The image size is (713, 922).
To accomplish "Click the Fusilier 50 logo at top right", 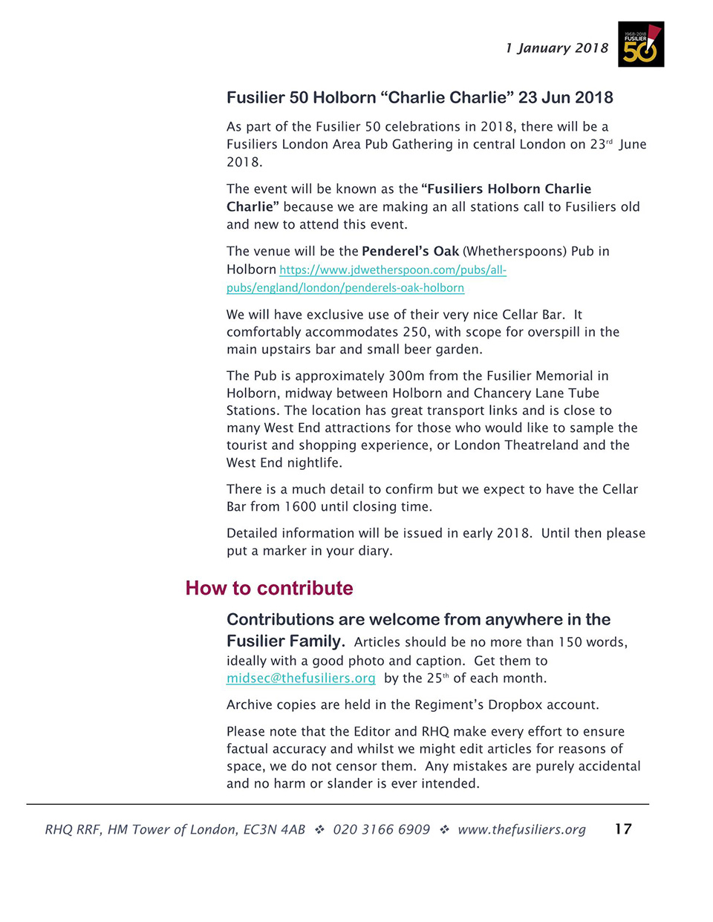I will click(x=640, y=45).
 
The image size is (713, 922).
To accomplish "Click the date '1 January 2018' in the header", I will click(x=556, y=48).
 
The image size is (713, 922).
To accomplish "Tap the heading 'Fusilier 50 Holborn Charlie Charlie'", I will click(x=420, y=98).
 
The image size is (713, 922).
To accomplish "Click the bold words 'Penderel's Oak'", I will click(x=410, y=251).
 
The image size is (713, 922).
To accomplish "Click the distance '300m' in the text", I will click(x=406, y=376).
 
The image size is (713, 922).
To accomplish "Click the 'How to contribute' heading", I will click(x=269, y=588).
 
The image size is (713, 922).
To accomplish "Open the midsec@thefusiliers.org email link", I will click(x=301, y=678).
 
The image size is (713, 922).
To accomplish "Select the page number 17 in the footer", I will click(x=623, y=829).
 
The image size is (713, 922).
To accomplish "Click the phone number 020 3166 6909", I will click(x=381, y=830).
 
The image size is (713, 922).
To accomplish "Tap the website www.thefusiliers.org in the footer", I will click(x=521, y=830).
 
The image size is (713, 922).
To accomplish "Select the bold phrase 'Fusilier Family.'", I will click(x=285, y=641).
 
